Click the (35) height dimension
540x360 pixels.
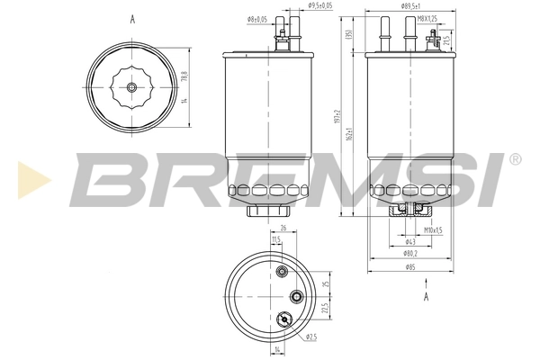click(348, 36)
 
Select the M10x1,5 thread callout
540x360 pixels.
click(434, 229)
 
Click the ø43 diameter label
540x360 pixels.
click(410, 241)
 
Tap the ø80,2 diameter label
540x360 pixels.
click(410, 254)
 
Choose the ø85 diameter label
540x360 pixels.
click(410, 266)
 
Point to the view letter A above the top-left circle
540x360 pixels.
click(131, 18)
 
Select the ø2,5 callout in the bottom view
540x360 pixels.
click(310, 337)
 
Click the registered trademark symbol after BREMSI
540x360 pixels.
click(514, 158)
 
